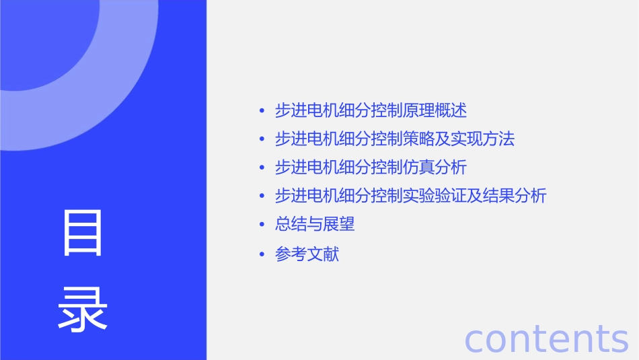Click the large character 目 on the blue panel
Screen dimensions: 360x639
pos(83,233)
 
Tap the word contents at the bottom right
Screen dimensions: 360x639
pos(546,338)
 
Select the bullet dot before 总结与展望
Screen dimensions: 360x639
pos(262,225)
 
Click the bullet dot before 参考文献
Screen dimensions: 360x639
pos(262,254)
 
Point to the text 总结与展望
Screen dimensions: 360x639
pos(315,225)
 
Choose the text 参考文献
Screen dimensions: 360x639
pos(307,254)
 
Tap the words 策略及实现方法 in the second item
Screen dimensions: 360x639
pos(459,139)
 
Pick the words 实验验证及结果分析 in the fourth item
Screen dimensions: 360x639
pos(475,196)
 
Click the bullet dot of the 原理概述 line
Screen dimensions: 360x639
pos(262,110)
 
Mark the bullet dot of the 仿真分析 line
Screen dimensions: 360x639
pos(262,168)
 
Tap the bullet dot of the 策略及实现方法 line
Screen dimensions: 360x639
pos(262,139)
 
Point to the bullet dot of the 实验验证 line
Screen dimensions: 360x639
pos(262,196)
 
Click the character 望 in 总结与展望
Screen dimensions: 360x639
pos(347,225)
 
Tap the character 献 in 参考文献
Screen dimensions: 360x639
pos(331,254)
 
